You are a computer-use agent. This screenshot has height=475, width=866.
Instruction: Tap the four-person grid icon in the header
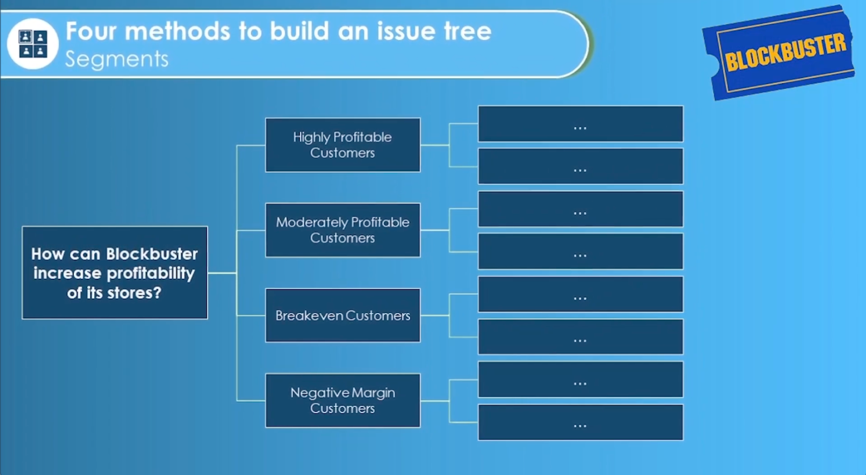[x=33, y=44]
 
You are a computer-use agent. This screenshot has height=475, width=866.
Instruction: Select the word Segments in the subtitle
[x=116, y=59]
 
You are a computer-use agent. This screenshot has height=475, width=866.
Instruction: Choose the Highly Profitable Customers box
[x=343, y=145]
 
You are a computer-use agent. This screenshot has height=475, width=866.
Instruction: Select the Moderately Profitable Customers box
[x=343, y=230]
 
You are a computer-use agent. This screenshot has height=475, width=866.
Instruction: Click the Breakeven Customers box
[x=343, y=315]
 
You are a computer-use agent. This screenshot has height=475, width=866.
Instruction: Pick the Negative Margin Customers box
[x=343, y=400]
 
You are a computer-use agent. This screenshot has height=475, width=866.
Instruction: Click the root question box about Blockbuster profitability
[x=115, y=272]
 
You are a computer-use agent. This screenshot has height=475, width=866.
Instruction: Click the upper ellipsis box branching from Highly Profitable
[x=580, y=124]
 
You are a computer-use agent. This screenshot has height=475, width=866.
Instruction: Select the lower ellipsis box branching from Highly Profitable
[x=580, y=166]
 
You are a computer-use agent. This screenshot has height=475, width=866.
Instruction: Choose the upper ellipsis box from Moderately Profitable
[x=580, y=209]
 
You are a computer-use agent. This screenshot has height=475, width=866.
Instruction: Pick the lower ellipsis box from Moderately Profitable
[x=580, y=251]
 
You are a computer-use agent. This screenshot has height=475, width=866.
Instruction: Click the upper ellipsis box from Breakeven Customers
[x=580, y=294]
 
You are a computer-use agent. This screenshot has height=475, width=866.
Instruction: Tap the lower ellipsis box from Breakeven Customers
[x=580, y=336]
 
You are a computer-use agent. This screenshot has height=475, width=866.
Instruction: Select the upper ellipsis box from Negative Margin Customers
[x=580, y=379]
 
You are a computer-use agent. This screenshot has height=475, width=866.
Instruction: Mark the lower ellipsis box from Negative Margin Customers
[x=580, y=422]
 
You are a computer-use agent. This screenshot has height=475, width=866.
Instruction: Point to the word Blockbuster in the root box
[x=152, y=253]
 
